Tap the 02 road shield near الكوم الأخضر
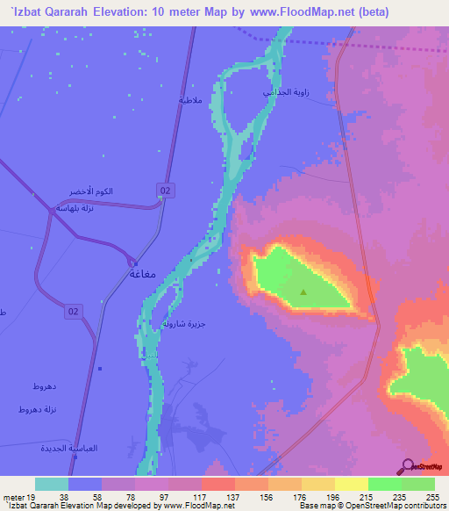pyautogui.click(x=164, y=190)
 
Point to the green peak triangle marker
pyautogui.click(x=303, y=292)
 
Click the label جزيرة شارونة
pyautogui.click(x=182, y=323)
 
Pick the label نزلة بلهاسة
pyautogui.click(x=70, y=208)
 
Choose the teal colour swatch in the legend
pyautogui.click(x=52, y=484)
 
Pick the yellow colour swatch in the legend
pyautogui.click(x=350, y=484)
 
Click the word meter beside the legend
pyautogui.click(x=13, y=496)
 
